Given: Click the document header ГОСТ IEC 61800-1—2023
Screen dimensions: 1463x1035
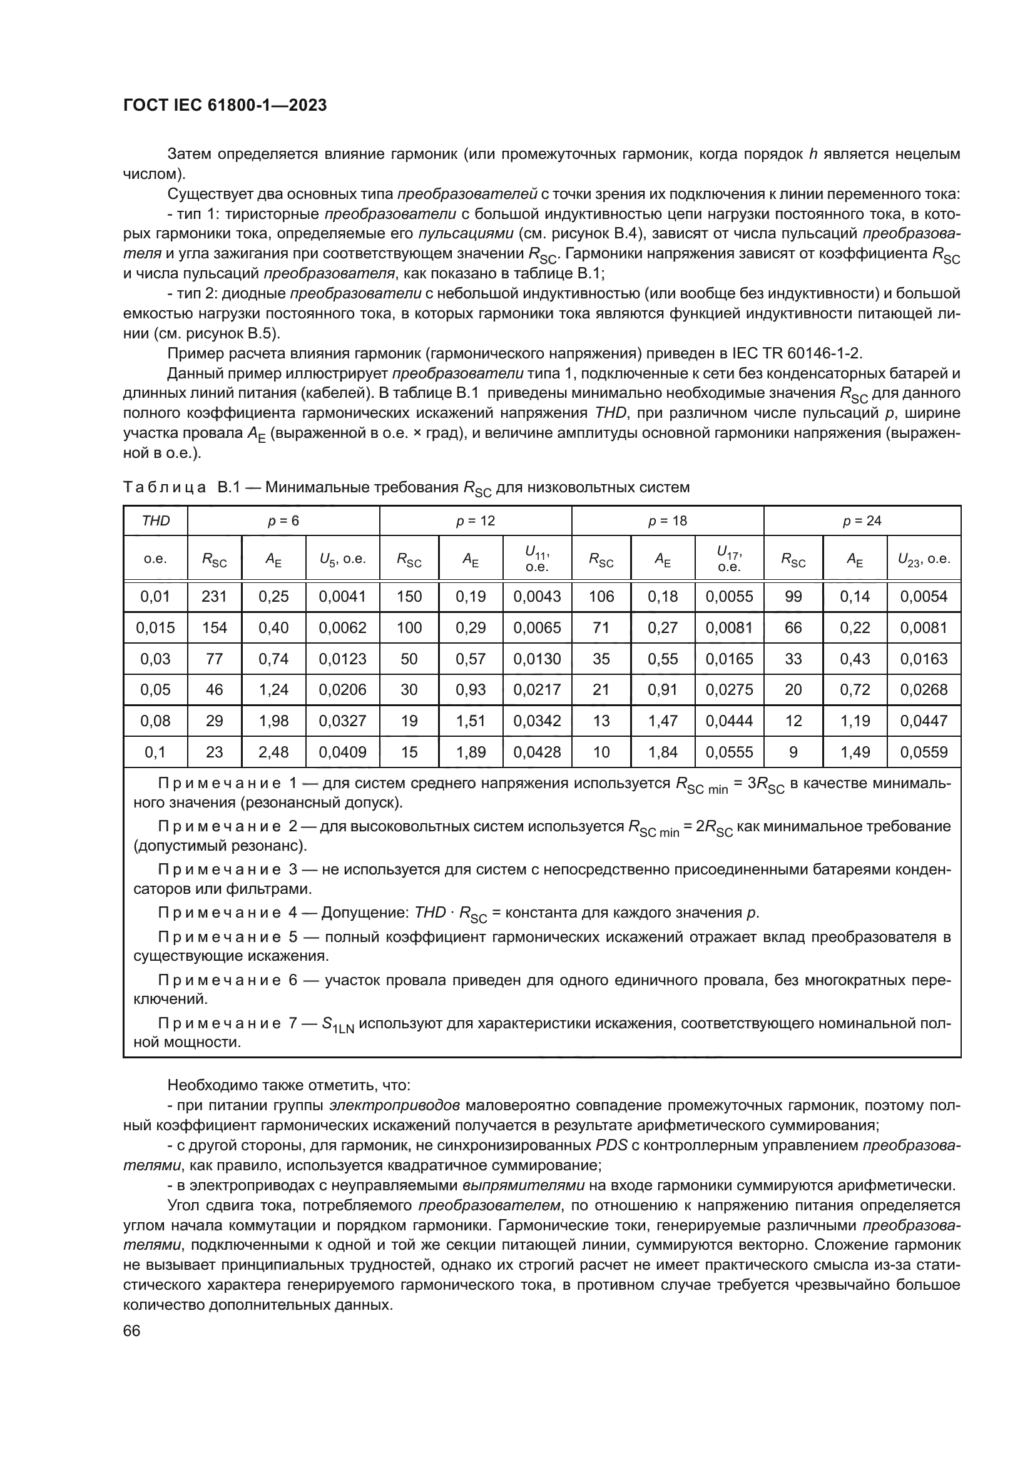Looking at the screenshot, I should tap(225, 106).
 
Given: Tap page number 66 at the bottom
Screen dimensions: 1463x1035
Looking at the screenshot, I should tap(132, 1331).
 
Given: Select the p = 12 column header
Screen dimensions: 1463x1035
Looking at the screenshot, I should tap(476, 520).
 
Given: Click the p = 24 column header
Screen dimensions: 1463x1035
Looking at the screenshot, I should tap(862, 520).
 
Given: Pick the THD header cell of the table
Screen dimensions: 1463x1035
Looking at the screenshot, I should tap(156, 520).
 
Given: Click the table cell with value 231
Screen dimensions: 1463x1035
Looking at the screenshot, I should tap(214, 597).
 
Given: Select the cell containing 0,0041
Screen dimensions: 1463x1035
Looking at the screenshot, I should tap(342, 597).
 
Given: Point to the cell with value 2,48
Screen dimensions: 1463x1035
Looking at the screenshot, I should tap(273, 752).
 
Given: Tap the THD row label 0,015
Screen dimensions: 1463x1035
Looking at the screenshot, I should tap(156, 627).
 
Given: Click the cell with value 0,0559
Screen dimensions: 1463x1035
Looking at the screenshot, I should tap(924, 752).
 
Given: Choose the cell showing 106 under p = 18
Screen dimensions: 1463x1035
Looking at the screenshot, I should tap(601, 597).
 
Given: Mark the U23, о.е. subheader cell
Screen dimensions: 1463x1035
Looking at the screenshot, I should tap(924, 559).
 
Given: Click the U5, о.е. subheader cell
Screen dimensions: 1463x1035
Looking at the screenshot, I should tap(342, 559).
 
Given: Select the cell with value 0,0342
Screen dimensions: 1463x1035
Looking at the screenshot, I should tap(538, 721).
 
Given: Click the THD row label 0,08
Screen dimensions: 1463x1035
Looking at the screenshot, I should tap(156, 721).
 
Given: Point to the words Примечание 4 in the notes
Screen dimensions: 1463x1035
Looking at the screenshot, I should tap(228, 913).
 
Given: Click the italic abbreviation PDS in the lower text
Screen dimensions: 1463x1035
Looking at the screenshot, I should tap(610, 1146).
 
